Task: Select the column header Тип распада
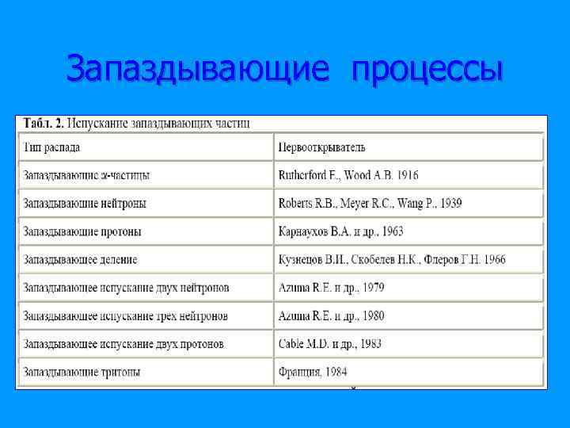(51, 147)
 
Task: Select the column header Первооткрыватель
(322, 147)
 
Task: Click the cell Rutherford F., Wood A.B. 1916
(348, 175)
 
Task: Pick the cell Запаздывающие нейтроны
(85, 204)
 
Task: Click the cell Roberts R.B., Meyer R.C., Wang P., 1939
(370, 204)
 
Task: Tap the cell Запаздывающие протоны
(82, 232)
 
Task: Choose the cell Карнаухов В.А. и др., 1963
(341, 232)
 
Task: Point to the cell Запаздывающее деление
(80, 260)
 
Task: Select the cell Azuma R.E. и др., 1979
(332, 288)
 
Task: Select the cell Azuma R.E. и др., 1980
(332, 316)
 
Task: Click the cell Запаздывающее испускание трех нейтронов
(126, 316)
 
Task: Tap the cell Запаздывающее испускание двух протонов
(123, 344)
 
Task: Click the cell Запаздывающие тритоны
(82, 372)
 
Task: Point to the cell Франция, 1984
(313, 372)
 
